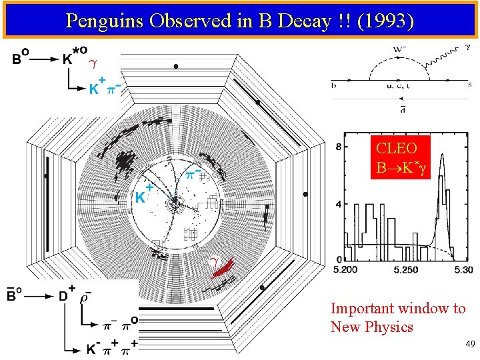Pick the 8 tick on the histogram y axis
(339, 146)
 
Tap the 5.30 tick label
(463, 270)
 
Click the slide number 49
(470, 344)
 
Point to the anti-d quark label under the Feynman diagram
(403, 109)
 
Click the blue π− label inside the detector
(194, 173)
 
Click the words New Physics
(371, 327)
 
